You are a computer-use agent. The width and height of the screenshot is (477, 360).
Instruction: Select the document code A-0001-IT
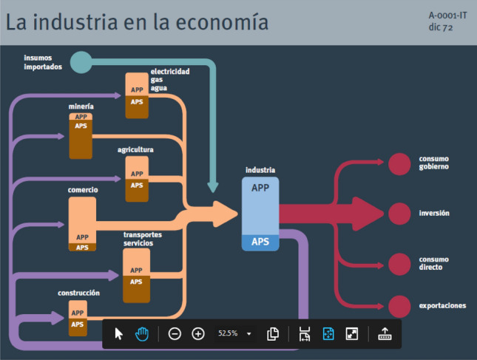[447, 15]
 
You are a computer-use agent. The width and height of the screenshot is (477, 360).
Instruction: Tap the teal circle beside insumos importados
[82, 62]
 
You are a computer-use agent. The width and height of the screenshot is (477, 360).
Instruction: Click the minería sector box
[81, 135]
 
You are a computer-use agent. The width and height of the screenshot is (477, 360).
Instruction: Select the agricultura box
[137, 178]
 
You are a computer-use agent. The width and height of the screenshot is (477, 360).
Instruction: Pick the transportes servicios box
[137, 275]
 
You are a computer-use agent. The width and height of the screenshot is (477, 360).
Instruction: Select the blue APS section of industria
[260, 242]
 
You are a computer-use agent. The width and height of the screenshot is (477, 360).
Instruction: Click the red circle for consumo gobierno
[399, 163]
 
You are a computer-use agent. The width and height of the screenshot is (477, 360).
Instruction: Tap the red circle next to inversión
[399, 213]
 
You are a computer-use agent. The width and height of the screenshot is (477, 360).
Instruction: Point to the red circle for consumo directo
[399, 263]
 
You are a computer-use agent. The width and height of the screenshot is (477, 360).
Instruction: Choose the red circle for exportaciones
[399, 305]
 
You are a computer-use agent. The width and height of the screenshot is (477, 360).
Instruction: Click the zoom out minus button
[175, 333]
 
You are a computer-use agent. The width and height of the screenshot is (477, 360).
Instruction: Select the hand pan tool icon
[142, 333]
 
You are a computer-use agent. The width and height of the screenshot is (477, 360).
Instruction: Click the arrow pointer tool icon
[119, 333]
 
